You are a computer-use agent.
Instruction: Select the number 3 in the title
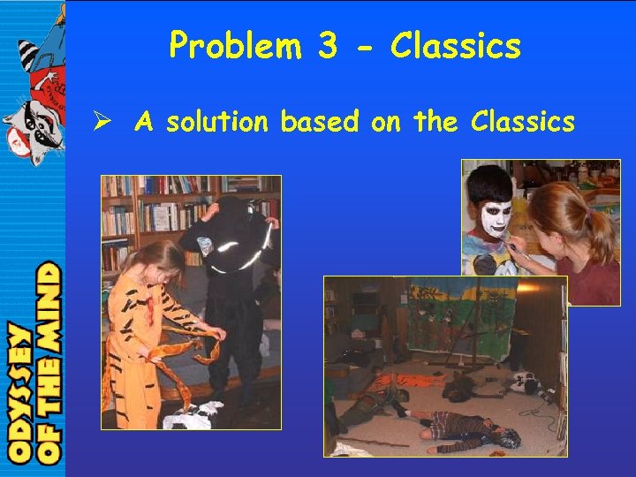tap(328, 45)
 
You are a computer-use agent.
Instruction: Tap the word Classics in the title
tap(456, 45)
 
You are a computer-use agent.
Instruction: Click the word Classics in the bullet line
tap(523, 122)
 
